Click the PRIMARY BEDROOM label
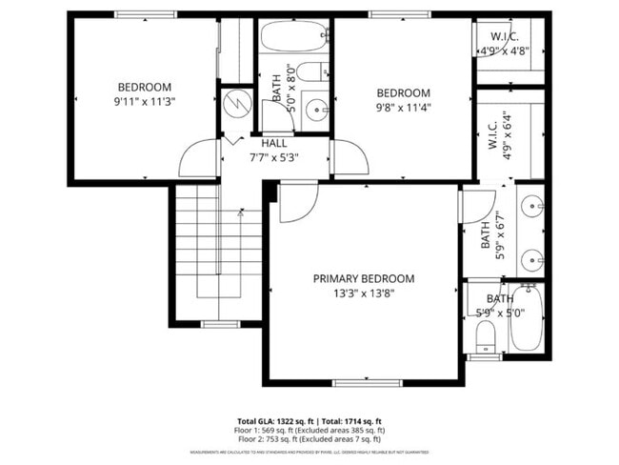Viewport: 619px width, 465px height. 364,278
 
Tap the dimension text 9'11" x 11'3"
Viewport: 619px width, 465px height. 145,100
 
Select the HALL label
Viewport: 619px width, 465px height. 274,143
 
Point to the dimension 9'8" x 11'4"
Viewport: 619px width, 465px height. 404,107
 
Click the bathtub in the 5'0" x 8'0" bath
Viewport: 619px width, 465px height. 294,38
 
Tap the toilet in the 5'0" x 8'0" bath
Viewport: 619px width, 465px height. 311,71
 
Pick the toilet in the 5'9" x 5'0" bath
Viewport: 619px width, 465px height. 486,336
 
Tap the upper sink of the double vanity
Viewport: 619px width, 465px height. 534,204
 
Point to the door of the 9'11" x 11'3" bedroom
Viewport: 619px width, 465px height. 199,159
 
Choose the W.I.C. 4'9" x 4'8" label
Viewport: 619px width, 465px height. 505,44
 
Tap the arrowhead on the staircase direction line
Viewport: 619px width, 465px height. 240,212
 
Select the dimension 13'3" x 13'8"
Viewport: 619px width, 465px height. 364,293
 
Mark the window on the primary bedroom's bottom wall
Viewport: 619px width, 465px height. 364,382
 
